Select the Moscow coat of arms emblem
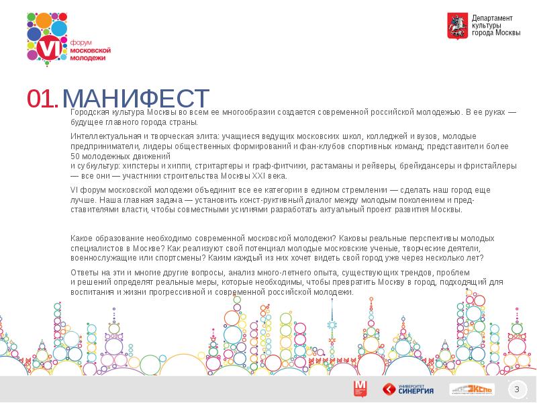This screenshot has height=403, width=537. tap(457, 26)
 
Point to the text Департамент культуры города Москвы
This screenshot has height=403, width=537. tap(495, 26)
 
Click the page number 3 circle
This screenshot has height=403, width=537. tap(517, 390)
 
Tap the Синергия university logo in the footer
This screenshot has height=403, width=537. tap(408, 389)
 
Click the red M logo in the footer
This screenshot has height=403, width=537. tap(360, 388)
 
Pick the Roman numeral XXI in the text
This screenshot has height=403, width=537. tap(261, 176)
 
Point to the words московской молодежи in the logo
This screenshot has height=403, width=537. tap(91, 54)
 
